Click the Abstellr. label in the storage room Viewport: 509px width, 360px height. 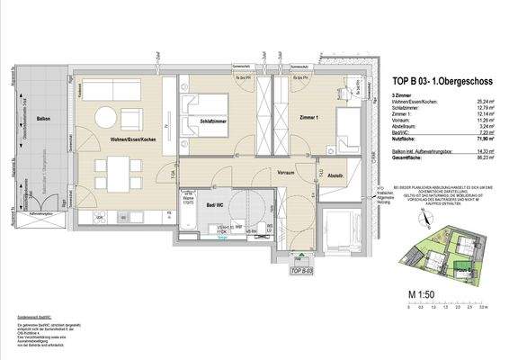337,175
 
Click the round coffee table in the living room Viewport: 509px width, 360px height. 106,117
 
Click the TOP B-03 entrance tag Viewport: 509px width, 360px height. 300,267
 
